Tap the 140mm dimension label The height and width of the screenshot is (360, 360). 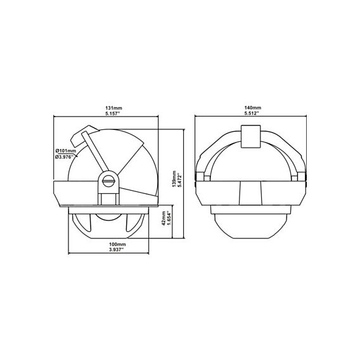click(252, 108)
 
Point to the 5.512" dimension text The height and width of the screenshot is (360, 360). click(252, 114)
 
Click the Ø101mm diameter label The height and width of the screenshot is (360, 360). click(66, 151)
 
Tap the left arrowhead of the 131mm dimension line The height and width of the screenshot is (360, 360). click(55, 117)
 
